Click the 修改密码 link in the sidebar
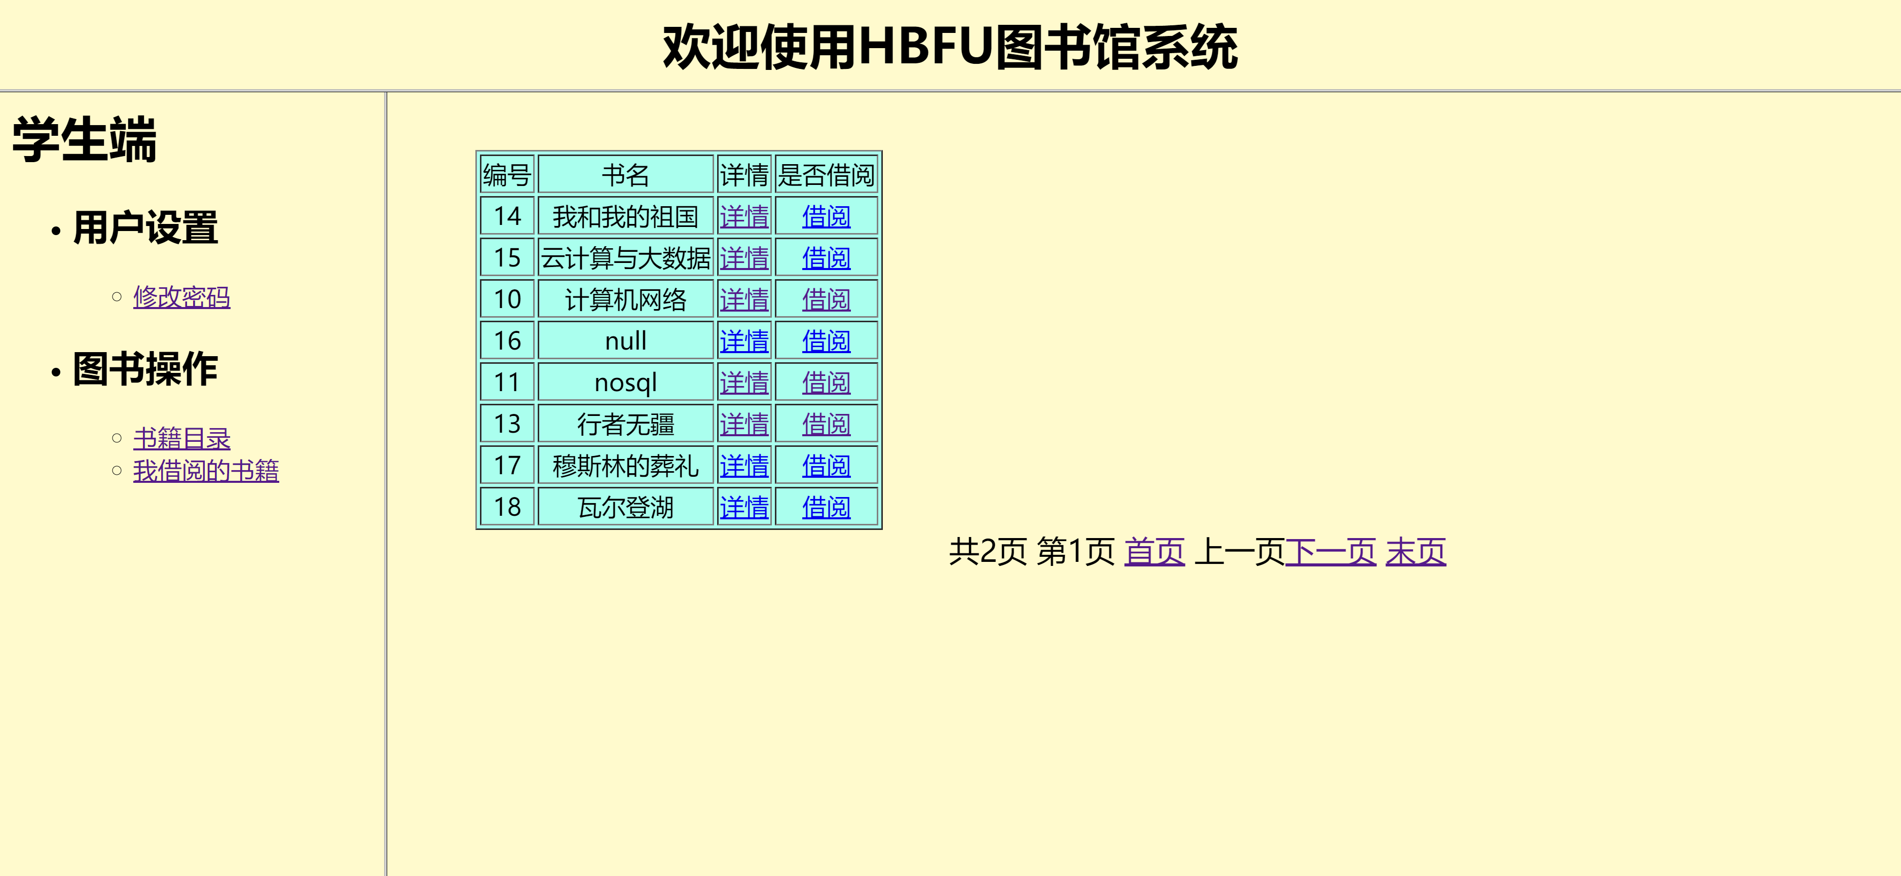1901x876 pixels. [181, 297]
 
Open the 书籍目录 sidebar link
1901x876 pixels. [181, 438]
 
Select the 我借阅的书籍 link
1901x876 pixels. [206, 471]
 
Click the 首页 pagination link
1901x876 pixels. [1154, 551]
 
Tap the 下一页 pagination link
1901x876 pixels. [1330, 551]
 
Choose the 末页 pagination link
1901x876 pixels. [1415, 551]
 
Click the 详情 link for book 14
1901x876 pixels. [744, 216]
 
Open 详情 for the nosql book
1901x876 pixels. [744, 383]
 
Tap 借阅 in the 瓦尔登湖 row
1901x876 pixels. [826, 507]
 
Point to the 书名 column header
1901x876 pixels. [625, 175]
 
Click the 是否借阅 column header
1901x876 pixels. [826, 175]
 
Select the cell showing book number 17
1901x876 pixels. [507, 466]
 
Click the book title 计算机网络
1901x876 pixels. [625, 299]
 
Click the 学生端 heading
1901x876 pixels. [84, 139]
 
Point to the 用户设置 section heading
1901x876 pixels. [144, 227]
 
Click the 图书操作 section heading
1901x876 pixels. [144, 369]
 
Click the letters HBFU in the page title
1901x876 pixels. [925, 47]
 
